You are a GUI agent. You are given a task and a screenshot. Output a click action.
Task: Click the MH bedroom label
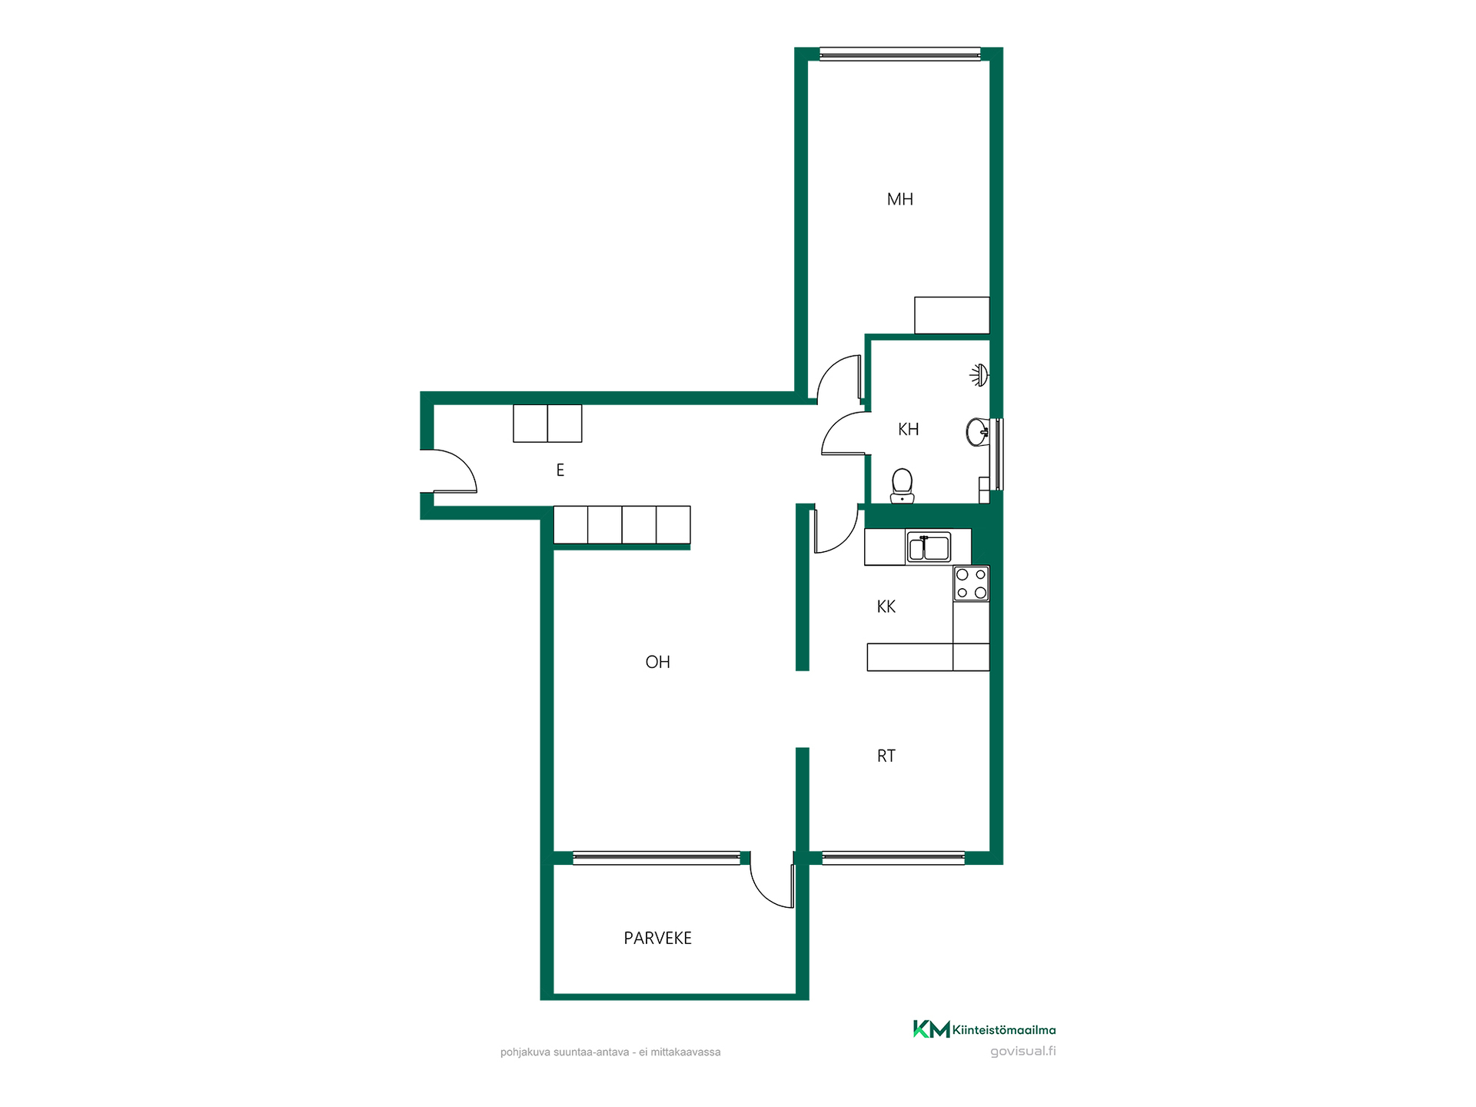click(899, 200)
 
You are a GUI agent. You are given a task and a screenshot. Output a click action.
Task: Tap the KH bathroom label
click(908, 430)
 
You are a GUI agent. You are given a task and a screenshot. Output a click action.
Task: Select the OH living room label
click(657, 662)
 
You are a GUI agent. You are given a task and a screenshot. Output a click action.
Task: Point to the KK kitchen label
click(886, 607)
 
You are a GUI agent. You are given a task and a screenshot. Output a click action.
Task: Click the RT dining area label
click(886, 756)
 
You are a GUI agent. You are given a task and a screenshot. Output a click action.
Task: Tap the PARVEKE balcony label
click(657, 938)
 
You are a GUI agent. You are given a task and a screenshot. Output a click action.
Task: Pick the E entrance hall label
click(560, 470)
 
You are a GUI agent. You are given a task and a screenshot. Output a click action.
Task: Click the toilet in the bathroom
click(902, 487)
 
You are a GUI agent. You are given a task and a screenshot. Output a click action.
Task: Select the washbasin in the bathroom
click(977, 433)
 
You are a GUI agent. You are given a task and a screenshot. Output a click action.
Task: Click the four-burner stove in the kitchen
click(971, 583)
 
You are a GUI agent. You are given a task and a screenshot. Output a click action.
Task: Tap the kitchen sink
click(929, 548)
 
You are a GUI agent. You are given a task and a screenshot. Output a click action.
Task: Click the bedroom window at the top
click(900, 54)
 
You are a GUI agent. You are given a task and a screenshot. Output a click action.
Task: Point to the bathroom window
click(997, 454)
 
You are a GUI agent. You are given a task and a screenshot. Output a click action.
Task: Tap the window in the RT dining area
click(893, 858)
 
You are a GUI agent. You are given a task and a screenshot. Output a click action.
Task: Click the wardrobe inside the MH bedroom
click(952, 315)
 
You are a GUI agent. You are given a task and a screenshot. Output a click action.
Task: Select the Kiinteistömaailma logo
click(984, 1029)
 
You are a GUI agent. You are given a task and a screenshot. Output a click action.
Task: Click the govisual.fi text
click(1022, 1052)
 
